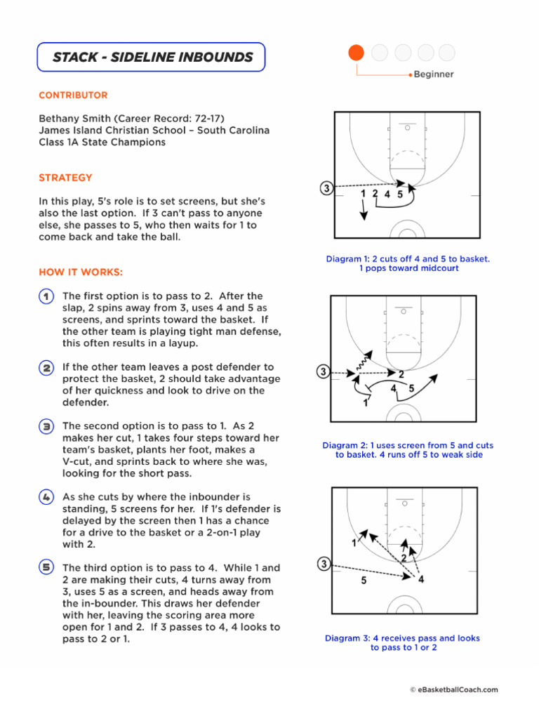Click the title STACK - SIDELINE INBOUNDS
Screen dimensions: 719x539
tap(151, 57)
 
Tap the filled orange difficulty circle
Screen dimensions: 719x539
tap(356, 53)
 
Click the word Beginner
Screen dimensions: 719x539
tap(433, 74)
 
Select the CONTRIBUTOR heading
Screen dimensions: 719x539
tap(73, 95)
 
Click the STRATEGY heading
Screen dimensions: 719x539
tap(65, 178)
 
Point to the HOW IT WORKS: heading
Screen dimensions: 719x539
tap(81, 272)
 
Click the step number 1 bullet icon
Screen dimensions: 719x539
tap(46, 297)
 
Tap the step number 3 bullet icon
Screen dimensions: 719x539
tap(46, 426)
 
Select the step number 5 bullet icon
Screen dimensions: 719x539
tap(46, 568)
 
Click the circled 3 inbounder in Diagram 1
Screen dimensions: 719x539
tap(326, 188)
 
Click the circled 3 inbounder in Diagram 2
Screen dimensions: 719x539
tap(323, 371)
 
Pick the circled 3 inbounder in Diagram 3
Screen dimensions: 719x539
tap(323, 564)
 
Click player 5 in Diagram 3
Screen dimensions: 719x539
tap(363, 581)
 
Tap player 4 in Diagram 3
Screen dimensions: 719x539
tap(420, 579)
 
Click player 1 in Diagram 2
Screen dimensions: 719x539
tap(365, 404)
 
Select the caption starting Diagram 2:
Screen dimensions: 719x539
tap(408, 450)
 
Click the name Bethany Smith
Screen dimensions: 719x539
tap(70, 119)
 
